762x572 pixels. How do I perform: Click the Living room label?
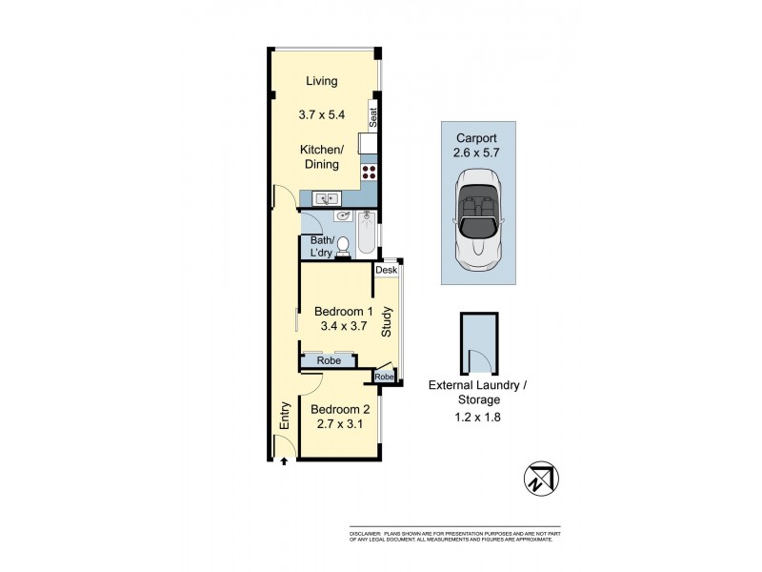pyautogui.click(x=321, y=82)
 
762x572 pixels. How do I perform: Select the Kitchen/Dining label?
pyautogui.click(x=321, y=157)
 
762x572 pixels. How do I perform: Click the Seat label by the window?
pyautogui.click(x=374, y=118)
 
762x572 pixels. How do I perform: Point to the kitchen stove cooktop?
pyautogui.click(x=369, y=174)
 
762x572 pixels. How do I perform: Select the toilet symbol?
pyautogui.click(x=341, y=247)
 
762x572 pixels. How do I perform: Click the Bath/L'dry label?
pyautogui.click(x=320, y=247)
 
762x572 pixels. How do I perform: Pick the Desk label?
pyautogui.click(x=386, y=271)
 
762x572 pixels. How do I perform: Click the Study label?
pyautogui.click(x=387, y=321)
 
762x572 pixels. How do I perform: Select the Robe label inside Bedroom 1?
pyautogui.click(x=330, y=361)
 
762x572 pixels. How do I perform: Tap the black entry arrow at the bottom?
pyautogui.click(x=284, y=463)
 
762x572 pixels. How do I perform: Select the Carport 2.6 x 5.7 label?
pyautogui.click(x=480, y=144)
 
